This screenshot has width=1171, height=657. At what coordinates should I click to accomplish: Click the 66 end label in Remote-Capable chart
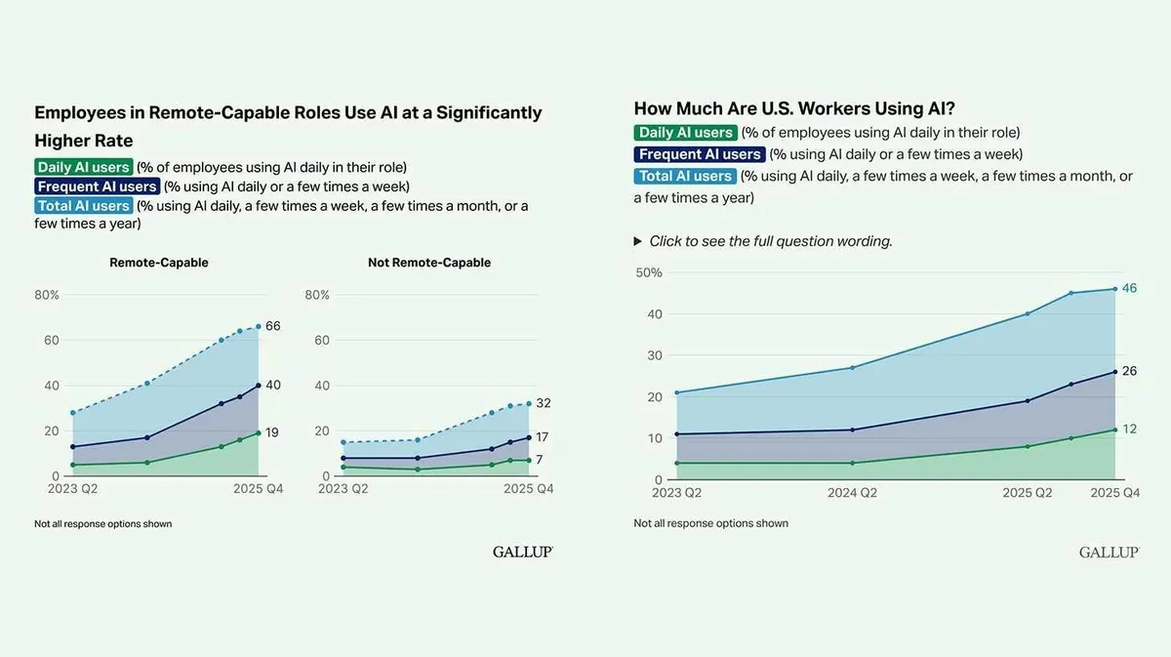[x=273, y=326]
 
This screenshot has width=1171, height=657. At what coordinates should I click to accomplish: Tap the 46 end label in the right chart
[x=1129, y=288]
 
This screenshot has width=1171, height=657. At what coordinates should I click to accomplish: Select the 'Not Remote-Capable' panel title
[x=429, y=263]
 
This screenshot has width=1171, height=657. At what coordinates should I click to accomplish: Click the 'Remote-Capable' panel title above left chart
[x=159, y=263]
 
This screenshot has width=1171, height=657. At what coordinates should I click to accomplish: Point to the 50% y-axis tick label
[x=649, y=272]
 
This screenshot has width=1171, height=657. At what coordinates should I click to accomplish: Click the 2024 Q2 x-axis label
[x=852, y=493]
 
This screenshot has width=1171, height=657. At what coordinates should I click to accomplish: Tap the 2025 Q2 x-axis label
[x=1028, y=493]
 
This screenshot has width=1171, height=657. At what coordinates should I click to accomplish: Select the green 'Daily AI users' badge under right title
[x=685, y=133]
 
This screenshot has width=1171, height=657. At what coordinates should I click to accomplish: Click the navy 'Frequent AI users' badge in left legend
[x=98, y=186]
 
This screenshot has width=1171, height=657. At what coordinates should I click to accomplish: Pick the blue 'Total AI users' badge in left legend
[x=84, y=206]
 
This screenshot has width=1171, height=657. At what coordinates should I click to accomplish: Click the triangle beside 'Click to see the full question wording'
[x=638, y=241]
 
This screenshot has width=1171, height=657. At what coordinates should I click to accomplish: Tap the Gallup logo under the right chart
[x=1110, y=553]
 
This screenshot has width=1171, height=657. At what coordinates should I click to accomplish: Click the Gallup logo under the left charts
[x=523, y=552]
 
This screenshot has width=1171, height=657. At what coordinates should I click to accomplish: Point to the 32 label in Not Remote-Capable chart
[x=544, y=403]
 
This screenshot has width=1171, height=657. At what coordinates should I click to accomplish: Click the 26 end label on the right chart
[x=1129, y=371]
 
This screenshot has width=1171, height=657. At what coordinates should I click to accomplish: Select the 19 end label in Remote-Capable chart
[x=272, y=432]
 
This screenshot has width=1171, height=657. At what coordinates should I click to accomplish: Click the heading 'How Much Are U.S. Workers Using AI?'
[x=794, y=108]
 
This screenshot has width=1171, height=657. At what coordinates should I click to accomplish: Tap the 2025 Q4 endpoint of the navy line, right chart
[x=1115, y=372]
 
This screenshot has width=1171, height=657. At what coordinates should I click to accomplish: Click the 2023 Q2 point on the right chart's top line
[x=677, y=392]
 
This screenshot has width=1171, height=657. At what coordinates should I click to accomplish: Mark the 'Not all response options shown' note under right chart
[x=711, y=523]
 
